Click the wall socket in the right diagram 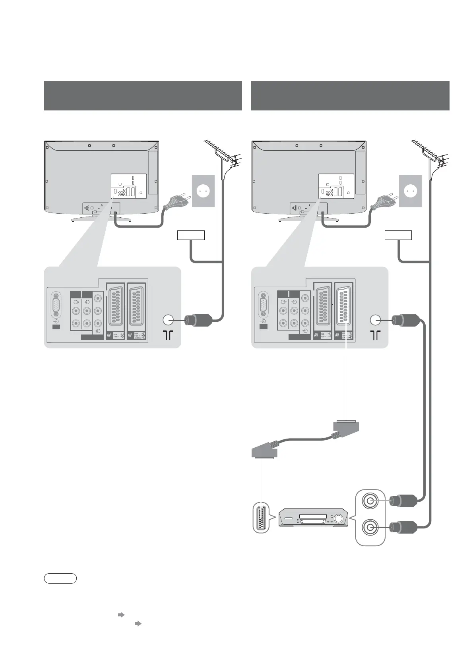coord(411,191)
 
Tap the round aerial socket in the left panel coord(168,319)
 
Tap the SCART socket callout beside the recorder coord(261,518)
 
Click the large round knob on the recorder coord(339,518)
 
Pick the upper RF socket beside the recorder coord(370,501)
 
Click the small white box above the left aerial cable coord(191,235)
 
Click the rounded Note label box coord(60,578)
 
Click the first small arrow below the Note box coord(121,615)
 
